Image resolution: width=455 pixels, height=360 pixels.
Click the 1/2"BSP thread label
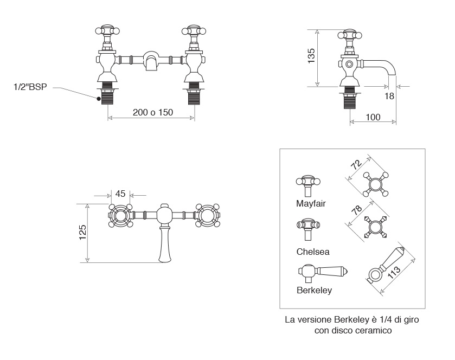(30, 87)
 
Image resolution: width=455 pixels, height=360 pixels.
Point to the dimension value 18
(388, 97)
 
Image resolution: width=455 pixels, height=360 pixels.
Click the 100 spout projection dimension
(373, 117)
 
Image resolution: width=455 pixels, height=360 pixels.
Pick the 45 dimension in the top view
(120, 194)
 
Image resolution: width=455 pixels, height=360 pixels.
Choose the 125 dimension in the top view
(82, 233)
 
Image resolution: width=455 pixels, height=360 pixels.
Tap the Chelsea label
(313, 252)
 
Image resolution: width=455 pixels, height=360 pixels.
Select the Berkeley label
(315, 290)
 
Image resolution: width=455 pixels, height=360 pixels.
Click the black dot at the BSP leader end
(98, 99)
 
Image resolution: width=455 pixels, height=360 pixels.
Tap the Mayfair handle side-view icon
(308, 185)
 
